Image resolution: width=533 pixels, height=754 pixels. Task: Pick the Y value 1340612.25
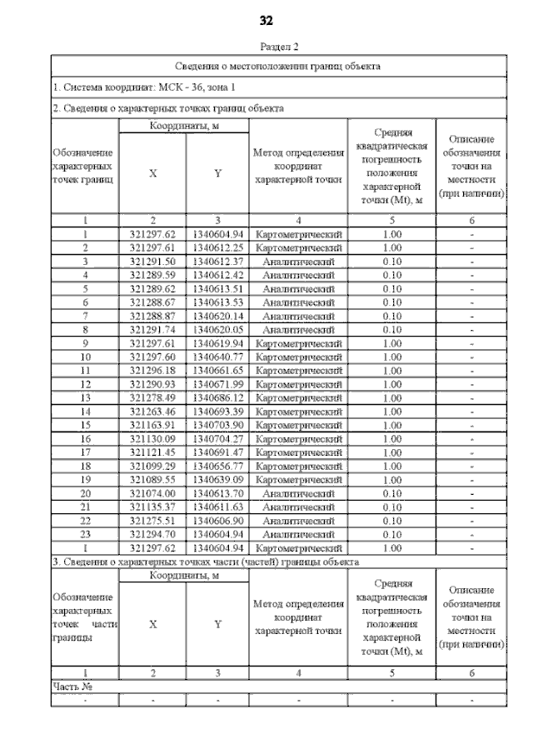[217, 248]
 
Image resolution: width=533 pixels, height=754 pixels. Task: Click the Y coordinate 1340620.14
[217, 317]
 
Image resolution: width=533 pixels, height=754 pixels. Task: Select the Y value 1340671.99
[217, 384]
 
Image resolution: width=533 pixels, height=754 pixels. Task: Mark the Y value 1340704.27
[217, 438]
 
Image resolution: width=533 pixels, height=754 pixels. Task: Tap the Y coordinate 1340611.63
[217, 507]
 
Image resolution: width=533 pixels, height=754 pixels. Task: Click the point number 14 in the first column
[85, 412]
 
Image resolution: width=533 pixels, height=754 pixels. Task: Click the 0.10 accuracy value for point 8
[391, 330]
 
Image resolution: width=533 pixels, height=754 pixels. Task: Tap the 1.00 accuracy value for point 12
[391, 384]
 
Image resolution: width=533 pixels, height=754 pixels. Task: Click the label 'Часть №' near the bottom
[72, 687]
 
